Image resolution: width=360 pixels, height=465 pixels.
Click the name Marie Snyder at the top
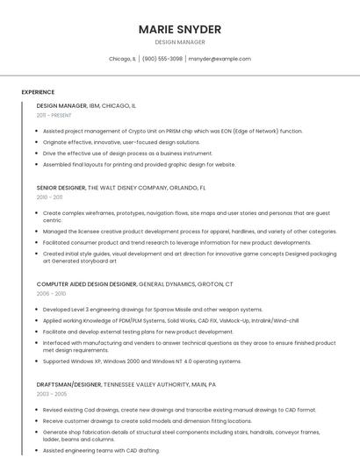click(179, 30)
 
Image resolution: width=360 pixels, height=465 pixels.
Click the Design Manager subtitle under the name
click(179, 42)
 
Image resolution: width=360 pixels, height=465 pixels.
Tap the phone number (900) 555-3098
click(162, 59)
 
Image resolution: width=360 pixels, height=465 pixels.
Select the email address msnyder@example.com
click(220, 59)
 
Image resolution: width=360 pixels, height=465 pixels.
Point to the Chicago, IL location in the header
click(122, 59)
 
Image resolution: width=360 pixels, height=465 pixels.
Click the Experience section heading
click(38, 92)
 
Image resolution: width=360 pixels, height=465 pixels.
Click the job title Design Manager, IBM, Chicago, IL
click(86, 105)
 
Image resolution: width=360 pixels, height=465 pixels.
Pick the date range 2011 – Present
click(54, 115)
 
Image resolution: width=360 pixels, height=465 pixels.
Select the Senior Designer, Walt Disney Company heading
click(121, 188)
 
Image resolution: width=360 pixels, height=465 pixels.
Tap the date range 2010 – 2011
click(49, 197)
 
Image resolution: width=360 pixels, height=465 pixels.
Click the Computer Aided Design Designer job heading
click(134, 284)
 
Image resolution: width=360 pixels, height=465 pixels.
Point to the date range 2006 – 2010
click(51, 294)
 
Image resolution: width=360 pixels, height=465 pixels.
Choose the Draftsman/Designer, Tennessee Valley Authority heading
click(126, 384)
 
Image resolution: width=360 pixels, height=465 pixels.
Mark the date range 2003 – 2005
click(51, 394)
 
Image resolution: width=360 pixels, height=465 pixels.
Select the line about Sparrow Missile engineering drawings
click(152, 310)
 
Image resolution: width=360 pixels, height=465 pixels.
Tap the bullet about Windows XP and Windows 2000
click(141, 361)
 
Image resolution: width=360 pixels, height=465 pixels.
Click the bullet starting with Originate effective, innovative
click(121, 142)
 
